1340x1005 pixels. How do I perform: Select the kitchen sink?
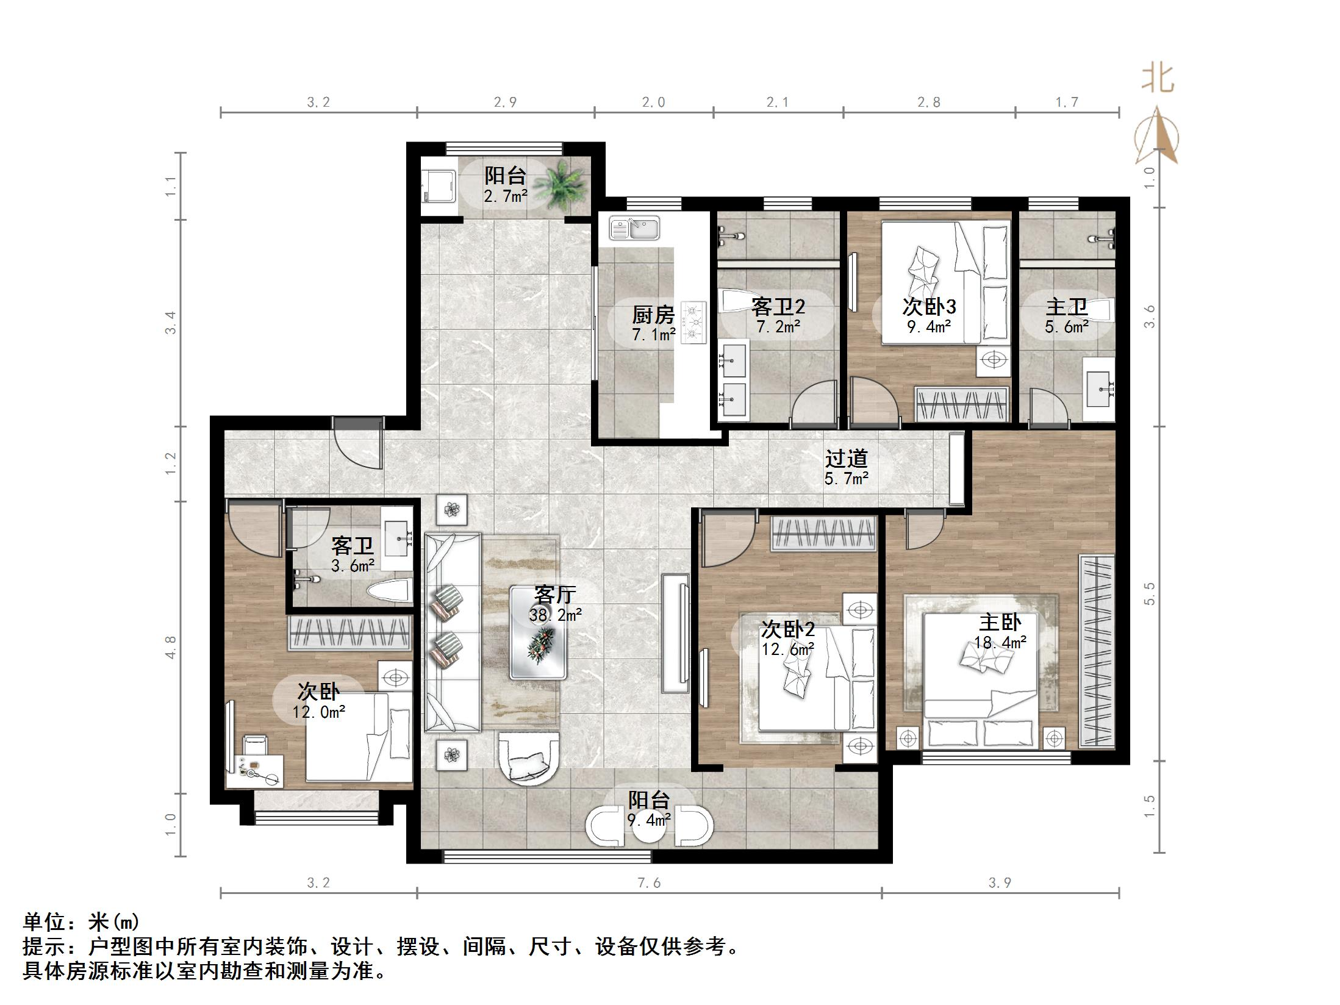[634, 229]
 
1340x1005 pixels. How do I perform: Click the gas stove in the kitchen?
[693, 323]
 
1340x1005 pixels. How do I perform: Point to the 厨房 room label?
[653, 315]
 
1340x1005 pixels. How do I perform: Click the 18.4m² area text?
[1000, 642]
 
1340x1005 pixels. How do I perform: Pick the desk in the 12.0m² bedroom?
[254, 771]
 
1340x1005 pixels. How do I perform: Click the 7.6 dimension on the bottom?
[648, 883]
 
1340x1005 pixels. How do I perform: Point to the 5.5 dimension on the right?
[1150, 593]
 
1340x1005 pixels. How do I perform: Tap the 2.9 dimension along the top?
[505, 102]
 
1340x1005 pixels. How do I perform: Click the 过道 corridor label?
[846, 458]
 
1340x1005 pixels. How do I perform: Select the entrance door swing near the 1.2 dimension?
[358, 448]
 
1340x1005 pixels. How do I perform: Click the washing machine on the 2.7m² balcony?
[439, 185]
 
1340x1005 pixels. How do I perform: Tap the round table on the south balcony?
[648, 826]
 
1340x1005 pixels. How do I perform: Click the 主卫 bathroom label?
[1066, 307]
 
